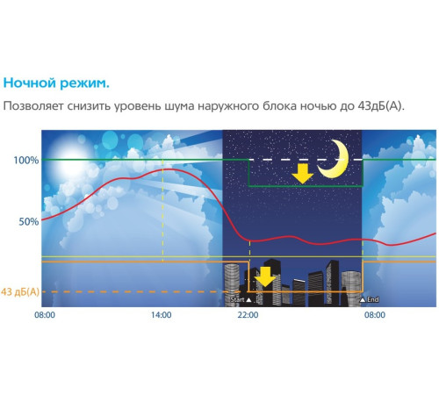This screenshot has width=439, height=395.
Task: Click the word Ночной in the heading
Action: click(x=32, y=84)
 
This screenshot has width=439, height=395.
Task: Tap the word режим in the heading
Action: click(x=87, y=84)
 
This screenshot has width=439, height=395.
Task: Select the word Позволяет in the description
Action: click(x=35, y=107)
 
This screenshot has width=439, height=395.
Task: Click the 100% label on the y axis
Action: click(x=26, y=161)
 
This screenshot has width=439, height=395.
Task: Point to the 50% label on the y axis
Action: click(x=29, y=222)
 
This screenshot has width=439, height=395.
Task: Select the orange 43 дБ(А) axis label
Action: click(x=20, y=291)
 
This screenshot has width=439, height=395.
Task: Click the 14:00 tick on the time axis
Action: click(x=161, y=313)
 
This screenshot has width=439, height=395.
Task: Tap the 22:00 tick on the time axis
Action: click(x=248, y=313)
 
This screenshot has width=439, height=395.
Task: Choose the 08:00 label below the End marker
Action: click(x=373, y=313)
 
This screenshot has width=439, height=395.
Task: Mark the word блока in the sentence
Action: click(x=292, y=107)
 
